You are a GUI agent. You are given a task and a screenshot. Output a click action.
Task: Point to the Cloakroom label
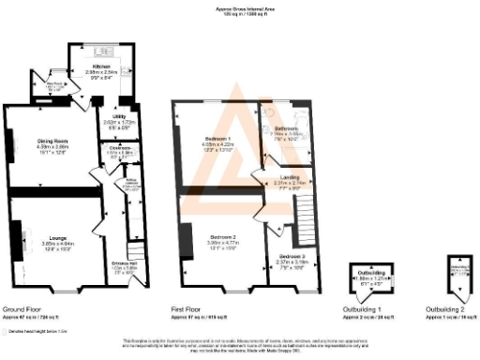(118, 148)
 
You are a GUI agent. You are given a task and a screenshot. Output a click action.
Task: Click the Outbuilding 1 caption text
(366, 308)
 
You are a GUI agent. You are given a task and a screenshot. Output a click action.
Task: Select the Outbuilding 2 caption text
(445, 308)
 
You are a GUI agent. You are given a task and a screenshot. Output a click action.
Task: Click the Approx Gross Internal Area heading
(239, 8)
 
